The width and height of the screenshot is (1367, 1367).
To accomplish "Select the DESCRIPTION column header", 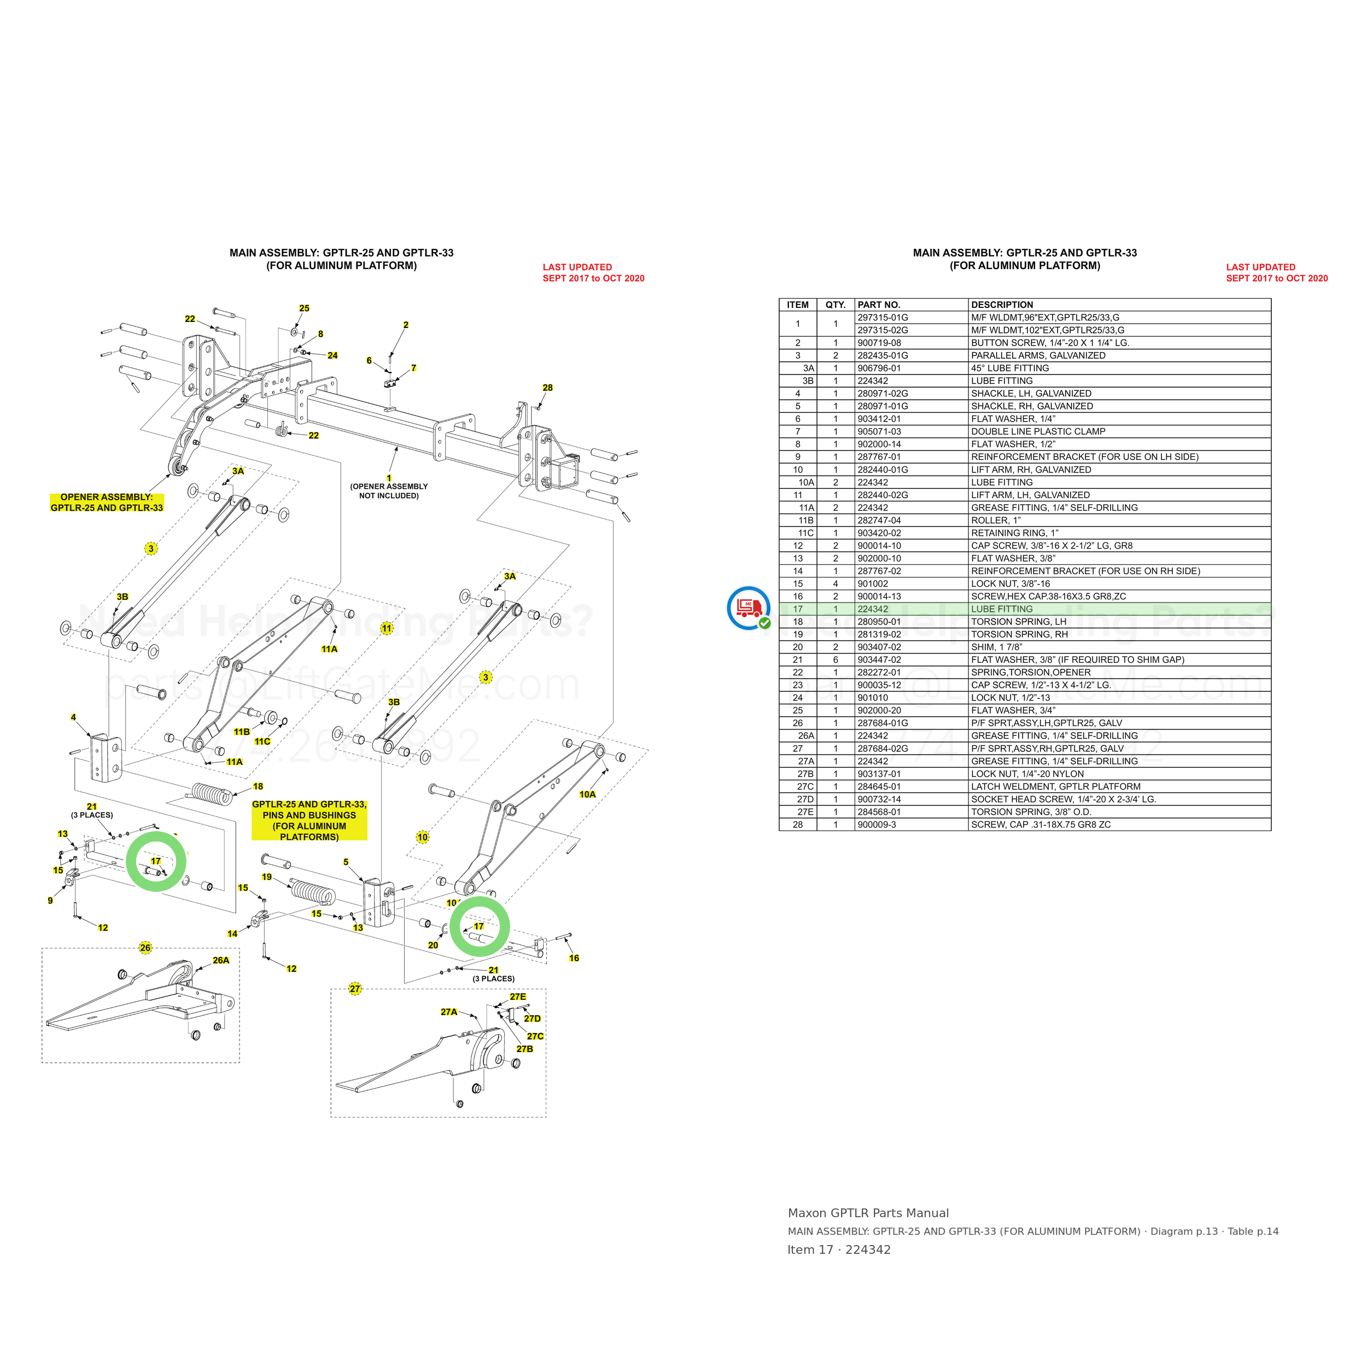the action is tap(1002, 305).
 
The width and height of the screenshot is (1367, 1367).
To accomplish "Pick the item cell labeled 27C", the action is tap(806, 787).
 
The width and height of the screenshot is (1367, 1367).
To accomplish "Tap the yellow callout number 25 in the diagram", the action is tap(304, 308).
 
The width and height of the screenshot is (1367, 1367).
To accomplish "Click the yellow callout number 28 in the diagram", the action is tap(548, 388).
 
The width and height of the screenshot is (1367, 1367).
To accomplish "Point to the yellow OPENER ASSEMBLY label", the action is tap(107, 503).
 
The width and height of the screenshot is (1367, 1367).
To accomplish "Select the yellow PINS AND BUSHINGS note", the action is tap(309, 821).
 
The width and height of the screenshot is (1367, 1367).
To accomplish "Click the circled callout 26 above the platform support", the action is tap(145, 948).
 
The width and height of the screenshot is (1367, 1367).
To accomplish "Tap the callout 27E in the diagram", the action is tap(518, 997).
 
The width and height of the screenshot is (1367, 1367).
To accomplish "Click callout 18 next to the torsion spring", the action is tap(258, 787).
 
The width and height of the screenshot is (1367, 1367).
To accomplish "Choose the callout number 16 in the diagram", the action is tap(574, 959).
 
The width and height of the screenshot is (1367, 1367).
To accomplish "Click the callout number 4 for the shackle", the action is tap(74, 717).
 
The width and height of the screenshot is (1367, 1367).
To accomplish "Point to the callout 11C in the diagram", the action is tap(262, 741).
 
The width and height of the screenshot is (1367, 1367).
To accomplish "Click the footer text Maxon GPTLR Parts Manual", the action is tap(868, 1213).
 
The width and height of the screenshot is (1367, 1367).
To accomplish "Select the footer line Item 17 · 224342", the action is tap(839, 1250).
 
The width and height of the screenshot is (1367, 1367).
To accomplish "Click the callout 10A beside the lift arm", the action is tap(587, 795).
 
